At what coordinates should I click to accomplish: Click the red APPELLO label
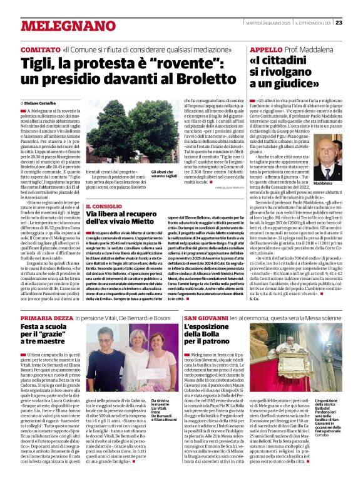point(265,49)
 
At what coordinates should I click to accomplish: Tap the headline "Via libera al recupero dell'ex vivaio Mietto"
point(119,220)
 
